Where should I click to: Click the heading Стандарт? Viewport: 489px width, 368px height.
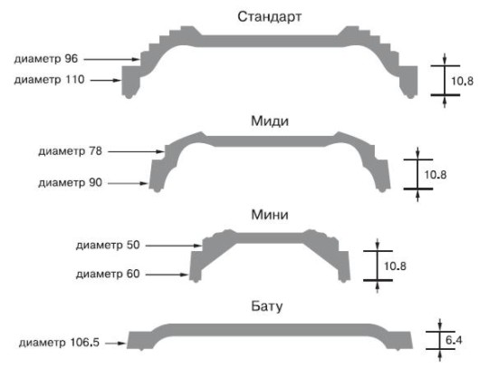pyautogui.click(x=270, y=17)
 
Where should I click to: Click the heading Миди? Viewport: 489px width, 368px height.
pyautogui.click(x=270, y=121)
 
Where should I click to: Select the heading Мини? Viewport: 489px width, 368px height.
pyautogui.click(x=270, y=215)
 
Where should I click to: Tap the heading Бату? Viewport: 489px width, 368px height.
pyautogui.click(x=267, y=306)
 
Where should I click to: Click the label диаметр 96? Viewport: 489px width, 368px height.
pyautogui.click(x=46, y=59)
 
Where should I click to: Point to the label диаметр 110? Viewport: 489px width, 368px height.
pyautogui.click(x=49, y=80)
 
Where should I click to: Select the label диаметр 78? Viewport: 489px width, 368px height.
pyautogui.click(x=70, y=151)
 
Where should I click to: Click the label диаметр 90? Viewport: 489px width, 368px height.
pyautogui.click(x=70, y=182)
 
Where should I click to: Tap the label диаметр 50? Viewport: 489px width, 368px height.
pyautogui.click(x=108, y=246)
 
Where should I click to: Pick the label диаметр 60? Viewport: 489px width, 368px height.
pyautogui.click(x=108, y=274)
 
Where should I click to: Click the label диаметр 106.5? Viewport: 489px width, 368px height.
pyautogui.click(x=59, y=343)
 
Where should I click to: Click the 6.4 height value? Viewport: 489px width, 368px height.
pyautogui.click(x=454, y=340)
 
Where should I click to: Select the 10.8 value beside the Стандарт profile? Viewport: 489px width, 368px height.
pyautogui.click(x=462, y=82)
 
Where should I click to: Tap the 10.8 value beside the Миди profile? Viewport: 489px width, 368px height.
pyautogui.click(x=436, y=175)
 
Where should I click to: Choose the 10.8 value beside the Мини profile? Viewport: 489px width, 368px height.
pyautogui.click(x=395, y=266)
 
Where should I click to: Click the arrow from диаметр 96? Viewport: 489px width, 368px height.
pyautogui.click(x=111, y=59)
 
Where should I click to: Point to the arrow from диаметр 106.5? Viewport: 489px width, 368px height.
pyautogui.click(x=115, y=344)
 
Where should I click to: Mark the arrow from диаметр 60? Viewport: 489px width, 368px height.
pyautogui.click(x=168, y=275)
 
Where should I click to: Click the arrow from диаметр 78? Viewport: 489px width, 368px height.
pyautogui.click(x=136, y=151)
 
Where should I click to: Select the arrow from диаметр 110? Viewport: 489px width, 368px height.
pyautogui.click(x=106, y=81)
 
